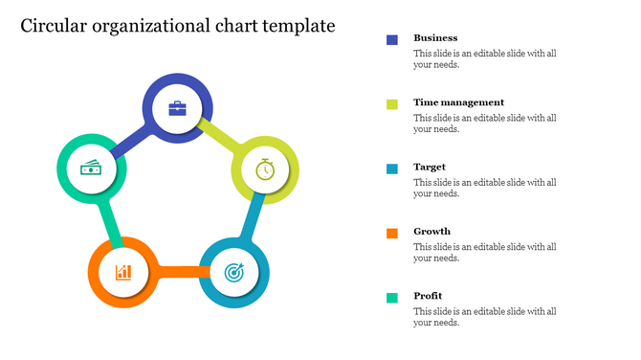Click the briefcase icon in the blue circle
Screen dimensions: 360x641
pos(178,108)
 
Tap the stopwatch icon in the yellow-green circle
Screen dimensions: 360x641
pos(265,170)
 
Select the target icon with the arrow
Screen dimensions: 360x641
pos(233,273)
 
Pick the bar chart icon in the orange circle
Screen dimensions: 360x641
pos(123,272)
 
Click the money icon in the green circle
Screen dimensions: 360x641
pos(91,169)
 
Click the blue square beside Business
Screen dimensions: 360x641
pos(392,39)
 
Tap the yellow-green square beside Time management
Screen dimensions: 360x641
pos(392,103)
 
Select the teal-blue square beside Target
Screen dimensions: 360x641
pos(392,169)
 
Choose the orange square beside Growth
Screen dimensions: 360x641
pos(392,233)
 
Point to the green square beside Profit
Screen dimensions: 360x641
pos(392,297)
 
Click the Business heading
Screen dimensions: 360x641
pos(435,38)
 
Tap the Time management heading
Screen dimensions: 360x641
pos(458,102)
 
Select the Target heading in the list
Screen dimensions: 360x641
pos(430,167)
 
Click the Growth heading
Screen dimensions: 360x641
pos(432,231)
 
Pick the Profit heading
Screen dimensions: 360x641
pos(428,295)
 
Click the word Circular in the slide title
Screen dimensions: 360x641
pos(55,26)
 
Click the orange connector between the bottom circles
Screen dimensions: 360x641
pos(178,272)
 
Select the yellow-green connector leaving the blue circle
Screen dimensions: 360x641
pos(221,137)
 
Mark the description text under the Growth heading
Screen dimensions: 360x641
pos(484,252)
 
